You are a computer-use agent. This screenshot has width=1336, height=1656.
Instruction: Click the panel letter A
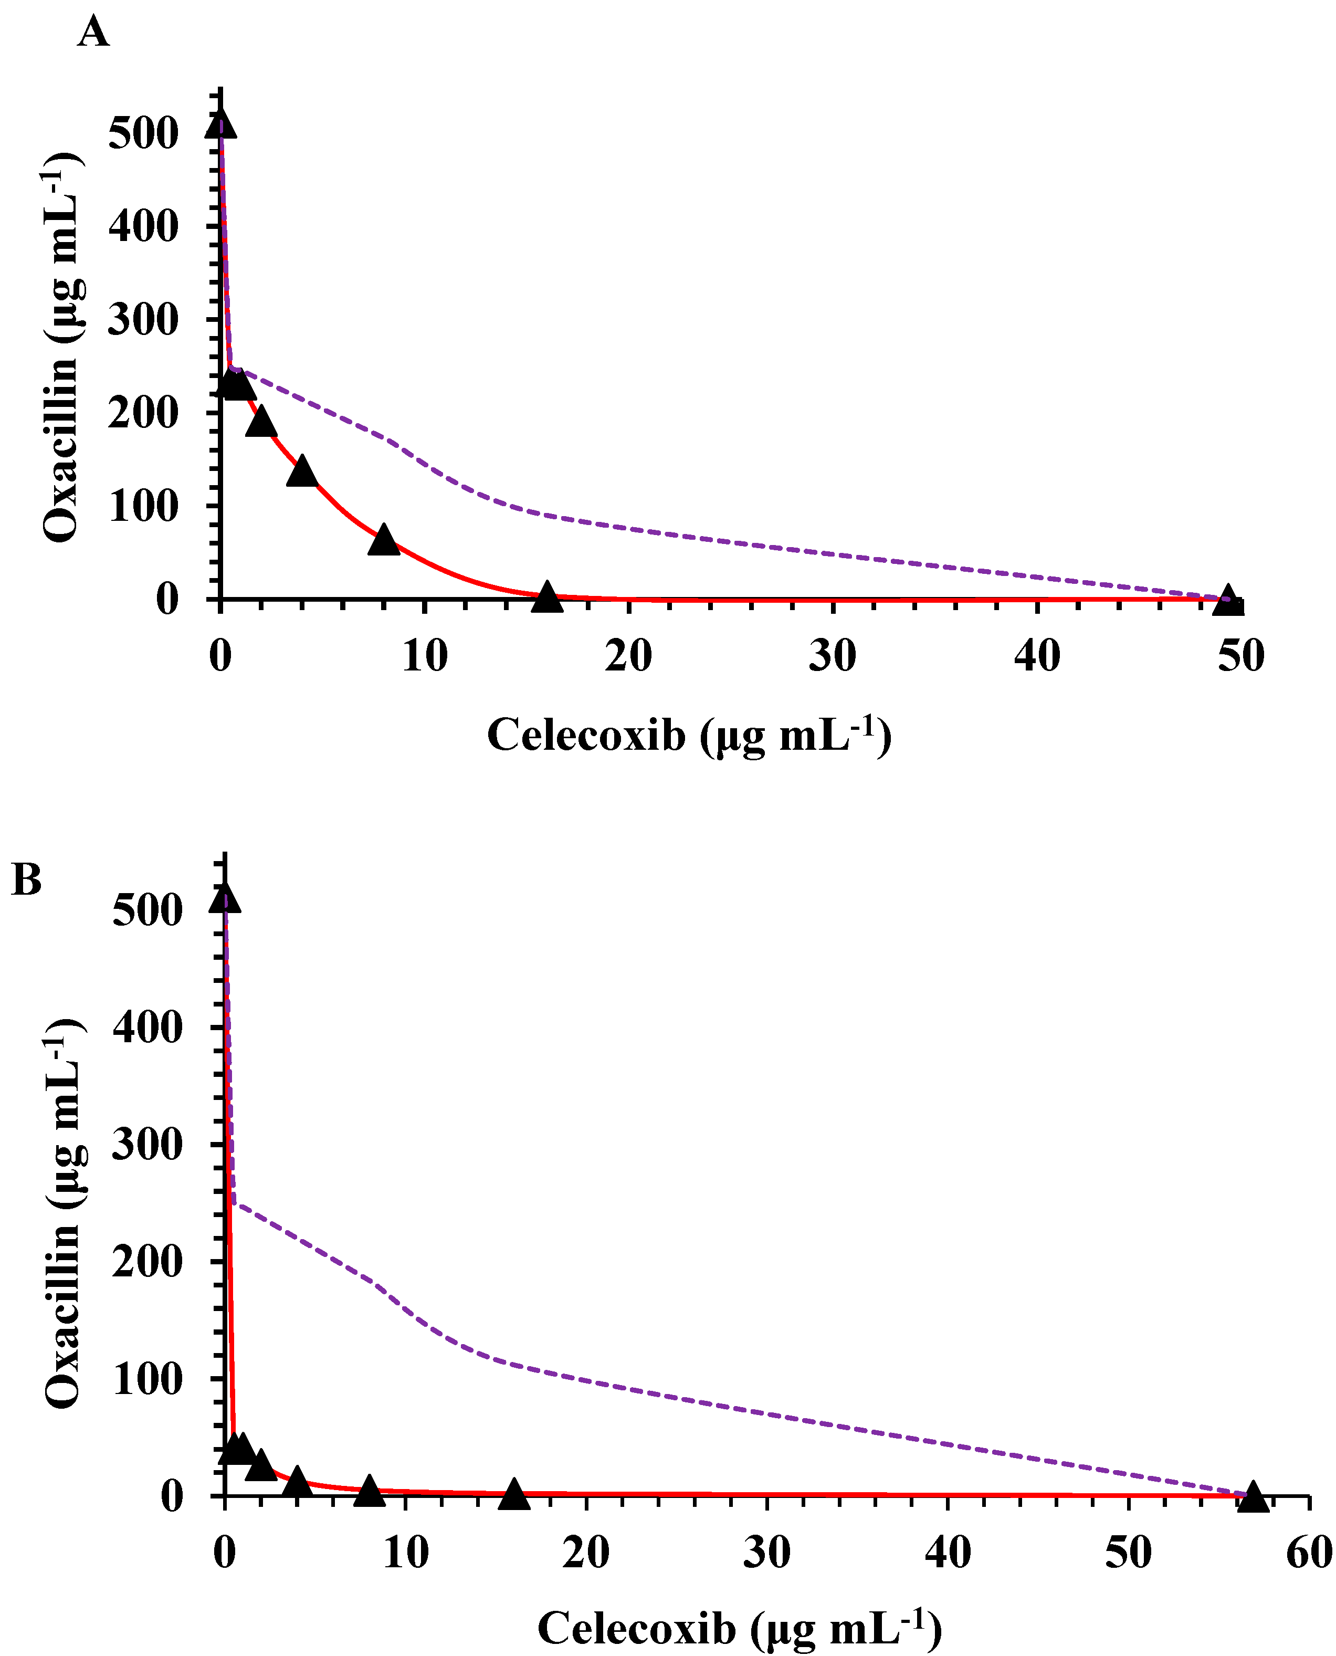92,33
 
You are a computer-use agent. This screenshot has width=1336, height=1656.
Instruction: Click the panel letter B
27,879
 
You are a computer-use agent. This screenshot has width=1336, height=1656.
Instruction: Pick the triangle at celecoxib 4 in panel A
302,471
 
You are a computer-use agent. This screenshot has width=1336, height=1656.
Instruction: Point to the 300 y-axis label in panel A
143,320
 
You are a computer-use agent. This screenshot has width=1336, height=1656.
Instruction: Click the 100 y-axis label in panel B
148,1380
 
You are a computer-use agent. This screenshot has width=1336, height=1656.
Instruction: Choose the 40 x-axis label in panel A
1037,656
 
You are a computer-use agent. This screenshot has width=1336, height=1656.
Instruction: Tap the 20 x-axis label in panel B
586,1552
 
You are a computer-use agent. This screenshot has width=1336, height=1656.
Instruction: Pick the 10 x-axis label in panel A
424,656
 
